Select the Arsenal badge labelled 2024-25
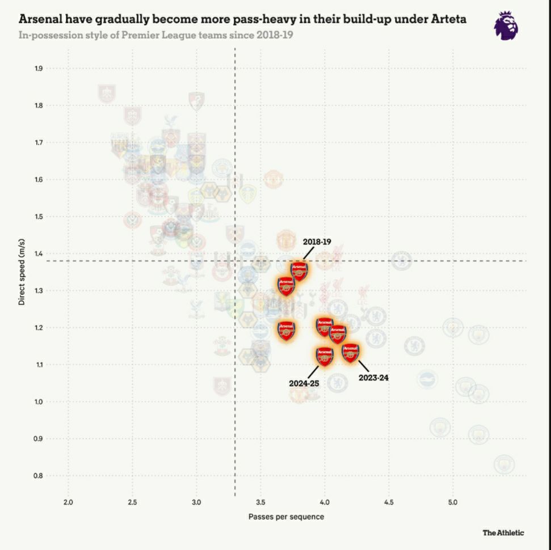[x=325, y=356]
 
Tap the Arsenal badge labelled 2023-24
[x=351, y=353]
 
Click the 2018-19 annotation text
[x=317, y=242]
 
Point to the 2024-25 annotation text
[x=304, y=383]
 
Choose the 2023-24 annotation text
[x=373, y=378]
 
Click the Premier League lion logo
[x=505, y=26]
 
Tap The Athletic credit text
[x=503, y=532]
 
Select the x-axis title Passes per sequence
[x=286, y=517]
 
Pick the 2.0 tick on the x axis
[x=69, y=502]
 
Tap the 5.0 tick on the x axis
[x=453, y=502]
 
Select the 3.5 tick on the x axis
[x=260, y=502]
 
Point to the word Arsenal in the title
[x=40, y=19]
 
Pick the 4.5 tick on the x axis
[x=389, y=502]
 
